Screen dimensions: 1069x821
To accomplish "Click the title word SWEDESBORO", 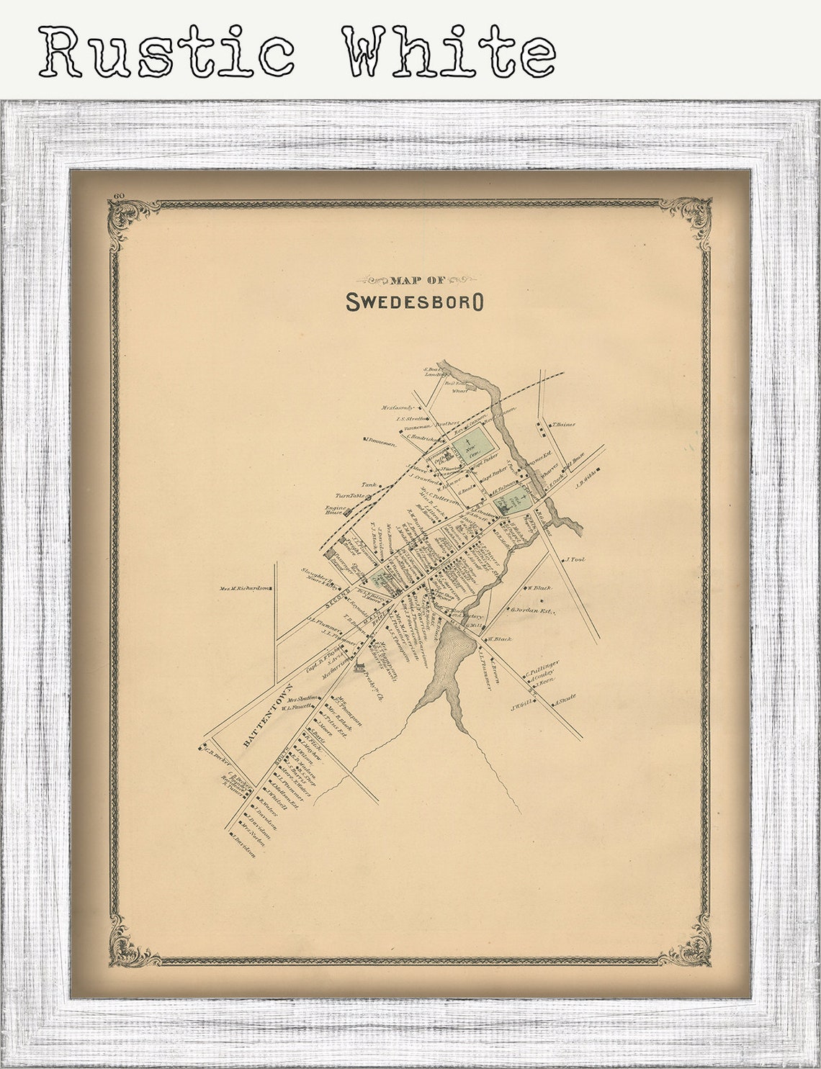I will tap(414, 302).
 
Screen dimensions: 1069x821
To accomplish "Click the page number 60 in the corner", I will tap(119, 196).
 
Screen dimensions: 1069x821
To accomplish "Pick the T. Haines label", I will tap(564, 425).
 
